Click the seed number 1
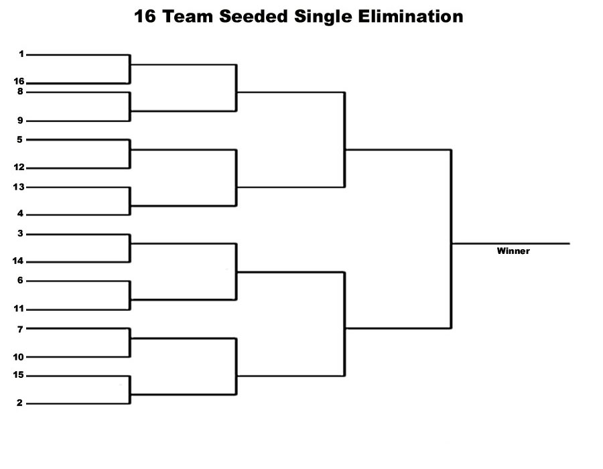[x=21, y=54]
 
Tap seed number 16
[x=19, y=81]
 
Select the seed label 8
[x=20, y=92]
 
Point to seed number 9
[x=20, y=121]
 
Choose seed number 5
[x=19, y=139]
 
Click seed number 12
[x=19, y=167]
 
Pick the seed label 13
[x=19, y=187]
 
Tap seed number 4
[x=20, y=213]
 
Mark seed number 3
[x=20, y=233]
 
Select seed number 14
[x=17, y=261]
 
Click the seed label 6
[x=20, y=280]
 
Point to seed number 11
[x=19, y=308]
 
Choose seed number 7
[x=20, y=329]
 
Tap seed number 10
[x=19, y=357]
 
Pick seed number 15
[x=19, y=375]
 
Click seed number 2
[x=19, y=403]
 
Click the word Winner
[x=513, y=251]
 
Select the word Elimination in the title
[x=411, y=17]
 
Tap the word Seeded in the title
[x=253, y=17]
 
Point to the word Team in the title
[x=188, y=17]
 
